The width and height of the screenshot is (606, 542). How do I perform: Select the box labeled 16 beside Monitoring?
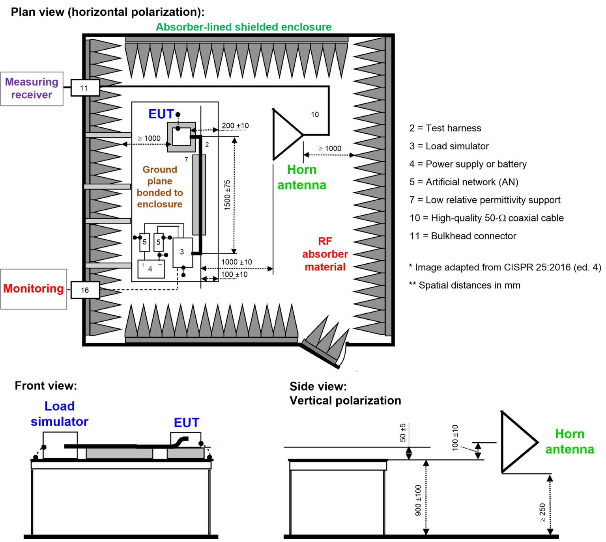click(85, 290)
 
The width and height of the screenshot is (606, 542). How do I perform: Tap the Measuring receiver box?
click(32, 89)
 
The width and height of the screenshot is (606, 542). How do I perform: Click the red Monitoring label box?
click(34, 289)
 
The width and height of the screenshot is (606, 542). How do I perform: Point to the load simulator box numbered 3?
click(183, 252)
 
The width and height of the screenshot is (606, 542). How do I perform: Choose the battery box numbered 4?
click(151, 269)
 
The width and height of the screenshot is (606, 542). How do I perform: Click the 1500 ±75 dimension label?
click(227, 195)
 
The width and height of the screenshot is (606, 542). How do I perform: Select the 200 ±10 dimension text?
click(235, 126)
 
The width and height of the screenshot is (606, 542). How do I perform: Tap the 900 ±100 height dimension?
click(418, 500)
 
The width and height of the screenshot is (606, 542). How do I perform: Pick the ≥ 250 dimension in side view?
click(542, 512)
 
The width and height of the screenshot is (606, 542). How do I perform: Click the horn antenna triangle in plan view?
click(286, 135)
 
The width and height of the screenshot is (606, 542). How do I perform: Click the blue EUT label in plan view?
click(161, 114)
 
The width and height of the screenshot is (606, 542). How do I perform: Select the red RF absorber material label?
click(325, 254)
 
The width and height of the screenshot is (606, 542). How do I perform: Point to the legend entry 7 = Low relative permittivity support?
click(485, 200)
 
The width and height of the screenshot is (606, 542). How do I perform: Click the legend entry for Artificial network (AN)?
click(464, 182)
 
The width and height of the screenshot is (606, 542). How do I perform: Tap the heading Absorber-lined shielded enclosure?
click(243, 27)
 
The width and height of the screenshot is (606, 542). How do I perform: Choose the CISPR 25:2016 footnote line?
click(505, 267)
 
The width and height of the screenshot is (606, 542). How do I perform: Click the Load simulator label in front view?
click(60, 414)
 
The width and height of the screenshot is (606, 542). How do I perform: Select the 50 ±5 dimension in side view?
click(402, 432)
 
